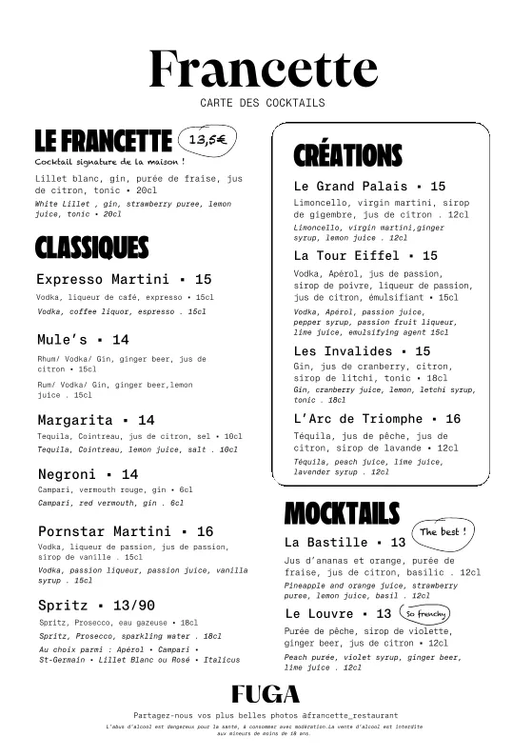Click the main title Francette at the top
(264, 69)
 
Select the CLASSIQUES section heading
(92, 248)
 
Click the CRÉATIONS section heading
(347, 155)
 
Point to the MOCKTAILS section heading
(342, 514)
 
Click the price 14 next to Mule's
(120, 339)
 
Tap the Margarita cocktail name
(75, 420)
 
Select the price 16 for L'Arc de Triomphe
(452, 419)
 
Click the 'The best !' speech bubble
(443, 531)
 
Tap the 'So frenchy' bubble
(425, 613)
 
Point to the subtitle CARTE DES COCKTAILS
(263, 103)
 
